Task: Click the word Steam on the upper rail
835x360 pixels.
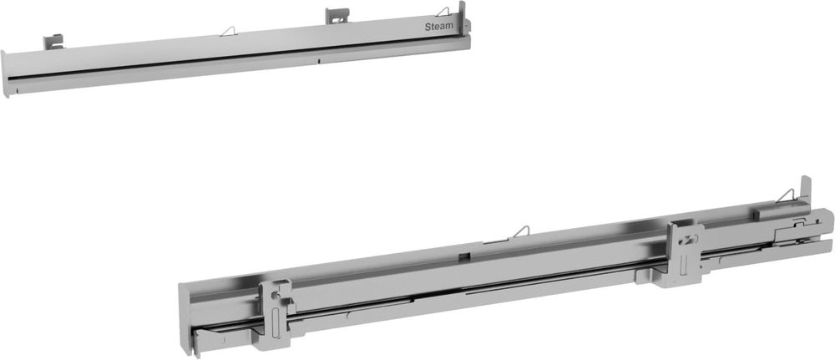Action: coord(440,26)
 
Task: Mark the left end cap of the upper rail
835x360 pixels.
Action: coord(7,74)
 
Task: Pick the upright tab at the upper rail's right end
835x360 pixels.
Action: coord(462,15)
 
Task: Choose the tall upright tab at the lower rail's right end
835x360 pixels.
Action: coord(805,190)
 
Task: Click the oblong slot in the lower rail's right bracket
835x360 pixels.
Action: coord(687,257)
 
